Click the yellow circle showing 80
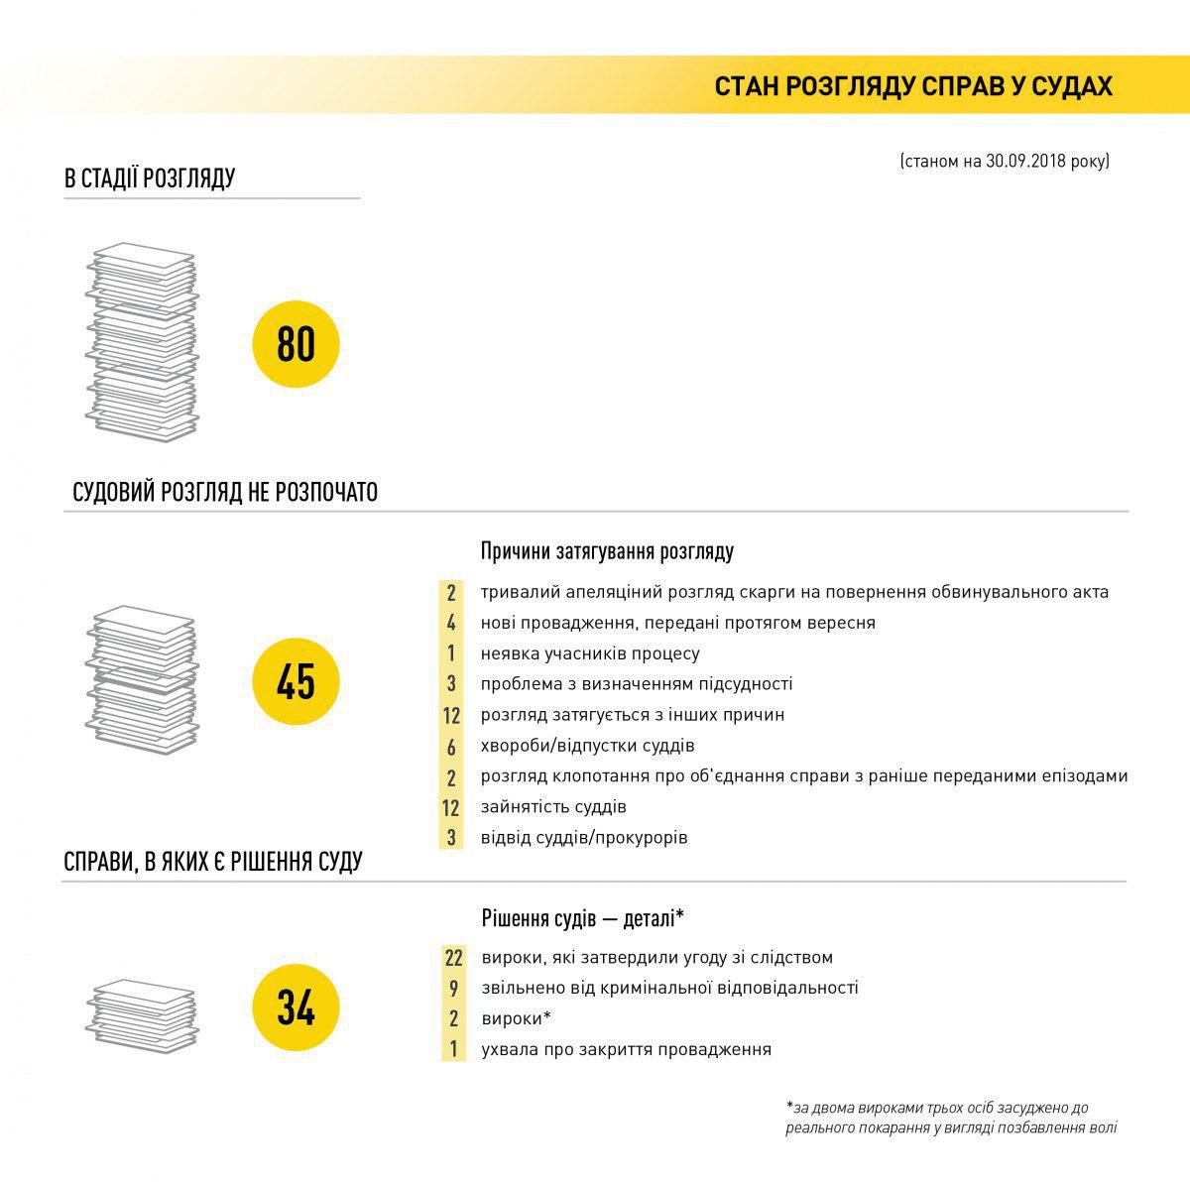(x=296, y=344)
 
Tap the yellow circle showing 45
(x=296, y=682)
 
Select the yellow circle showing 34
(x=296, y=1008)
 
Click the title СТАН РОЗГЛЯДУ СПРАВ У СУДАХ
(x=912, y=86)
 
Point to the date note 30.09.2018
(x=1004, y=161)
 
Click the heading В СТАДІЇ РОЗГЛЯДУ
(x=150, y=178)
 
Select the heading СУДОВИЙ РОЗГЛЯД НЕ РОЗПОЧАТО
(x=225, y=492)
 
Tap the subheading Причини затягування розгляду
(x=607, y=551)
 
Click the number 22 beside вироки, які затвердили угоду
(x=453, y=958)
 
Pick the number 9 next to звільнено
(x=453, y=989)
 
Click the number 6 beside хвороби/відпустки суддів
(x=451, y=747)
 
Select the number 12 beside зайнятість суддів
(x=451, y=808)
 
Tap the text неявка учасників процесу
(x=590, y=654)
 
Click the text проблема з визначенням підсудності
(x=637, y=684)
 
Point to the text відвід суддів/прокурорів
(x=584, y=838)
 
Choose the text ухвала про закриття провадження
(x=626, y=1049)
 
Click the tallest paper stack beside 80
(x=141, y=342)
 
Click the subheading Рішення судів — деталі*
(x=583, y=918)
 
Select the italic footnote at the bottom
(x=951, y=1118)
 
